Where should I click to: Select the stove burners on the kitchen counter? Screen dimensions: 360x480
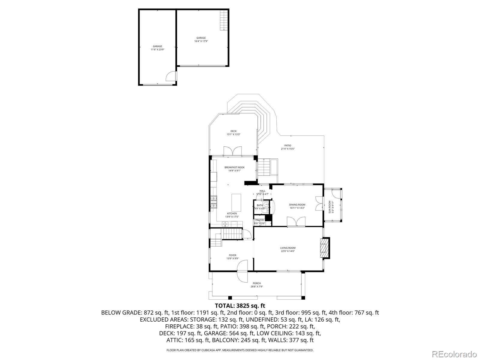click(x=213, y=201)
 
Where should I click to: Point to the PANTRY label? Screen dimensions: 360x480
click(x=260, y=220)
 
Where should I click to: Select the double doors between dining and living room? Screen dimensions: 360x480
click(x=296, y=222)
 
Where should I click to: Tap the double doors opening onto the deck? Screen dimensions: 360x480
click(x=232, y=151)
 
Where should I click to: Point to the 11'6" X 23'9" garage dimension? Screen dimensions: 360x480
click(x=157, y=49)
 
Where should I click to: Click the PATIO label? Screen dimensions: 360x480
click(x=288, y=145)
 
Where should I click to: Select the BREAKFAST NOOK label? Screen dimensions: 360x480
click(x=234, y=167)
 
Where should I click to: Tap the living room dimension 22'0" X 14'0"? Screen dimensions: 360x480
click(x=288, y=251)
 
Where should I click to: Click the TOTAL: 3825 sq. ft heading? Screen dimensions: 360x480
click(x=240, y=306)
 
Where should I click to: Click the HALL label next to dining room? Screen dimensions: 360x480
click(x=262, y=191)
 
